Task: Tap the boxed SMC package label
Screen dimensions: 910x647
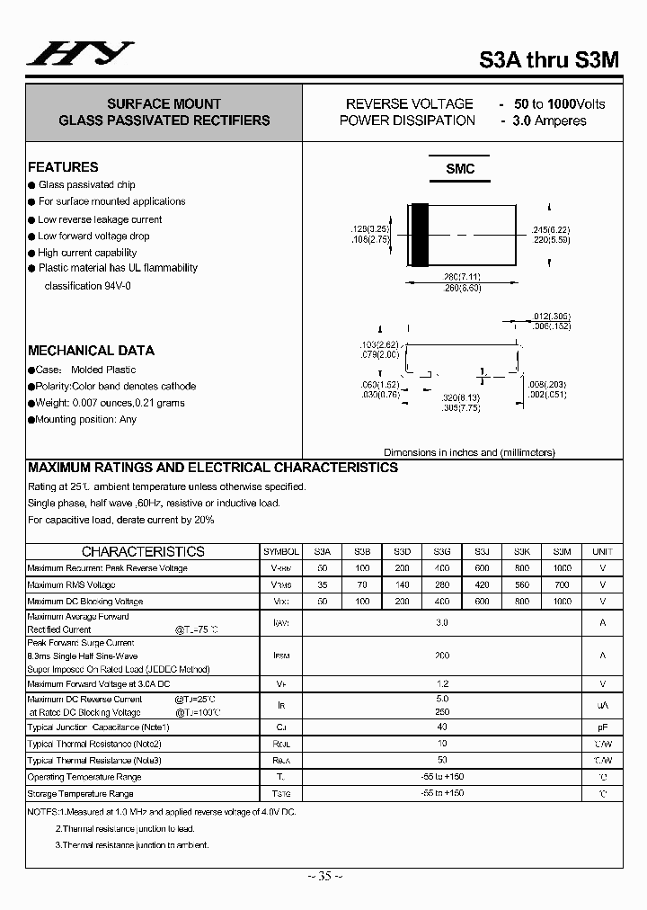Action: coord(460,169)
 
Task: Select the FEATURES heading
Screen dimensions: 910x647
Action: coord(63,167)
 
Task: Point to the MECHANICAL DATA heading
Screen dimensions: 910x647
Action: coord(91,351)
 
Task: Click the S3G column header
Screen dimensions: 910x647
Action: coord(441,552)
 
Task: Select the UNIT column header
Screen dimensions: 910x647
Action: coord(602,552)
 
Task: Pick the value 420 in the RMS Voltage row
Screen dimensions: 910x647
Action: coord(482,584)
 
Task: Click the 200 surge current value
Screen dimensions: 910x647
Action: coord(441,656)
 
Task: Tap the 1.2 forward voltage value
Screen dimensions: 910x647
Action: coord(441,684)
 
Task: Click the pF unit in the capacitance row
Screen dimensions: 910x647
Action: coord(602,727)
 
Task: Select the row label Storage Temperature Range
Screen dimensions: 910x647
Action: coord(81,794)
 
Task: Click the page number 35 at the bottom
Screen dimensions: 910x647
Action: coord(324,876)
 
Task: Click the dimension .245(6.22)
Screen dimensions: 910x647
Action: coord(551,231)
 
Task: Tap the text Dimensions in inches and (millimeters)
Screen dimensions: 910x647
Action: coord(469,452)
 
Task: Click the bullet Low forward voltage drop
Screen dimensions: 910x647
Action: coord(93,236)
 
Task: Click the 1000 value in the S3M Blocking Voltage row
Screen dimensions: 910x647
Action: coord(562,601)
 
